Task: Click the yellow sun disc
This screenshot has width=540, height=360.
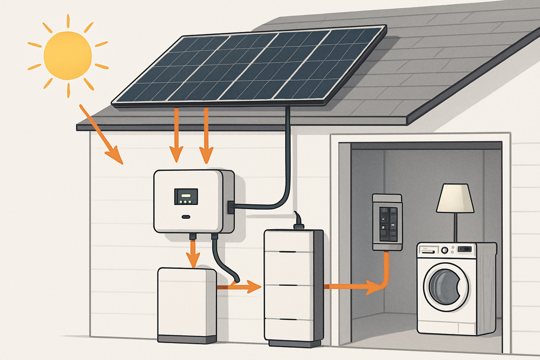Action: pos(68,55)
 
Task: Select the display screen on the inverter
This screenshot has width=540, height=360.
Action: pos(186,197)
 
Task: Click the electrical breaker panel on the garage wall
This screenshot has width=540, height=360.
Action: pos(387,222)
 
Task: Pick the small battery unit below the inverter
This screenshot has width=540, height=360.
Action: pos(187,302)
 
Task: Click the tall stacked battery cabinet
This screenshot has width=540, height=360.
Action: pos(294,287)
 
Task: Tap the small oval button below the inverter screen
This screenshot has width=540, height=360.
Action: pos(186,217)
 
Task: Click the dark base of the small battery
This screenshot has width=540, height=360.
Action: pos(187,339)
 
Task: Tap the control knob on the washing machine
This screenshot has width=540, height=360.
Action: pos(445,250)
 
